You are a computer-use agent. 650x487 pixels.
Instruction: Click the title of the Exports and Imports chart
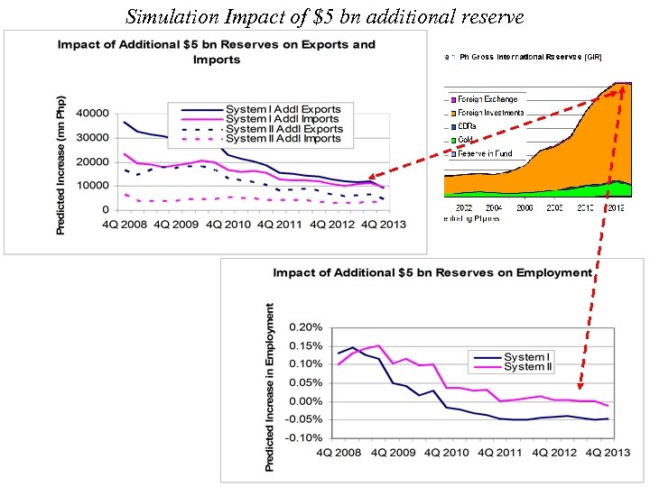(x=217, y=51)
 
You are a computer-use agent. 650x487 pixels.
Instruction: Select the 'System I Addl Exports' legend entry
(x=283, y=109)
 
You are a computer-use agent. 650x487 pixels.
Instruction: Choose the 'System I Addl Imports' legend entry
(x=283, y=119)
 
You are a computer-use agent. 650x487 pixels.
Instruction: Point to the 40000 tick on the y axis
(x=88, y=114)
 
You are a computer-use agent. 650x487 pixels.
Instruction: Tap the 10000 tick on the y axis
(x=88, y=186)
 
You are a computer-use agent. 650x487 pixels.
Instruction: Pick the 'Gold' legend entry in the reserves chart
(x=468, y=140)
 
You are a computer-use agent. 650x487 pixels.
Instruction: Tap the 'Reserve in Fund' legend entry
(x=485, y=153)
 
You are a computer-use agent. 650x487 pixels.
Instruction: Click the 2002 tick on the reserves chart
(x=463, y=207)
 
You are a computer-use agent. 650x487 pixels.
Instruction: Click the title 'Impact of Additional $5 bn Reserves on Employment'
(x=432, y=272)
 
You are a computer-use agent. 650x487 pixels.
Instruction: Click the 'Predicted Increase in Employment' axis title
(x=270, y=386)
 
